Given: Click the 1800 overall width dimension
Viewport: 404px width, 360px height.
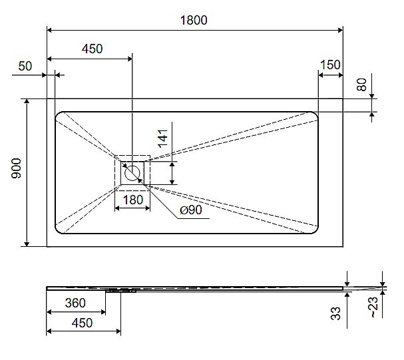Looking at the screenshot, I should pos(194,20).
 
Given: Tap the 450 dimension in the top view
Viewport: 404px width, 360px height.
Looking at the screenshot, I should pos(92,50).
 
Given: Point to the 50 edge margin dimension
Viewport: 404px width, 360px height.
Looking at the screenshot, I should pos(25,66).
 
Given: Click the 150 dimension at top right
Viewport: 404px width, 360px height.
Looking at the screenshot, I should pos(329,65).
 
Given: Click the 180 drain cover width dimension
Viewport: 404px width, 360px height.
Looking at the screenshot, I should pos(132,199).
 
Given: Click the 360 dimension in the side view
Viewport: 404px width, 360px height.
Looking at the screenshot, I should pos(75,303).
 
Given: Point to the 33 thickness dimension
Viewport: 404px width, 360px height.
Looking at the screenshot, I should pos(336,312).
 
